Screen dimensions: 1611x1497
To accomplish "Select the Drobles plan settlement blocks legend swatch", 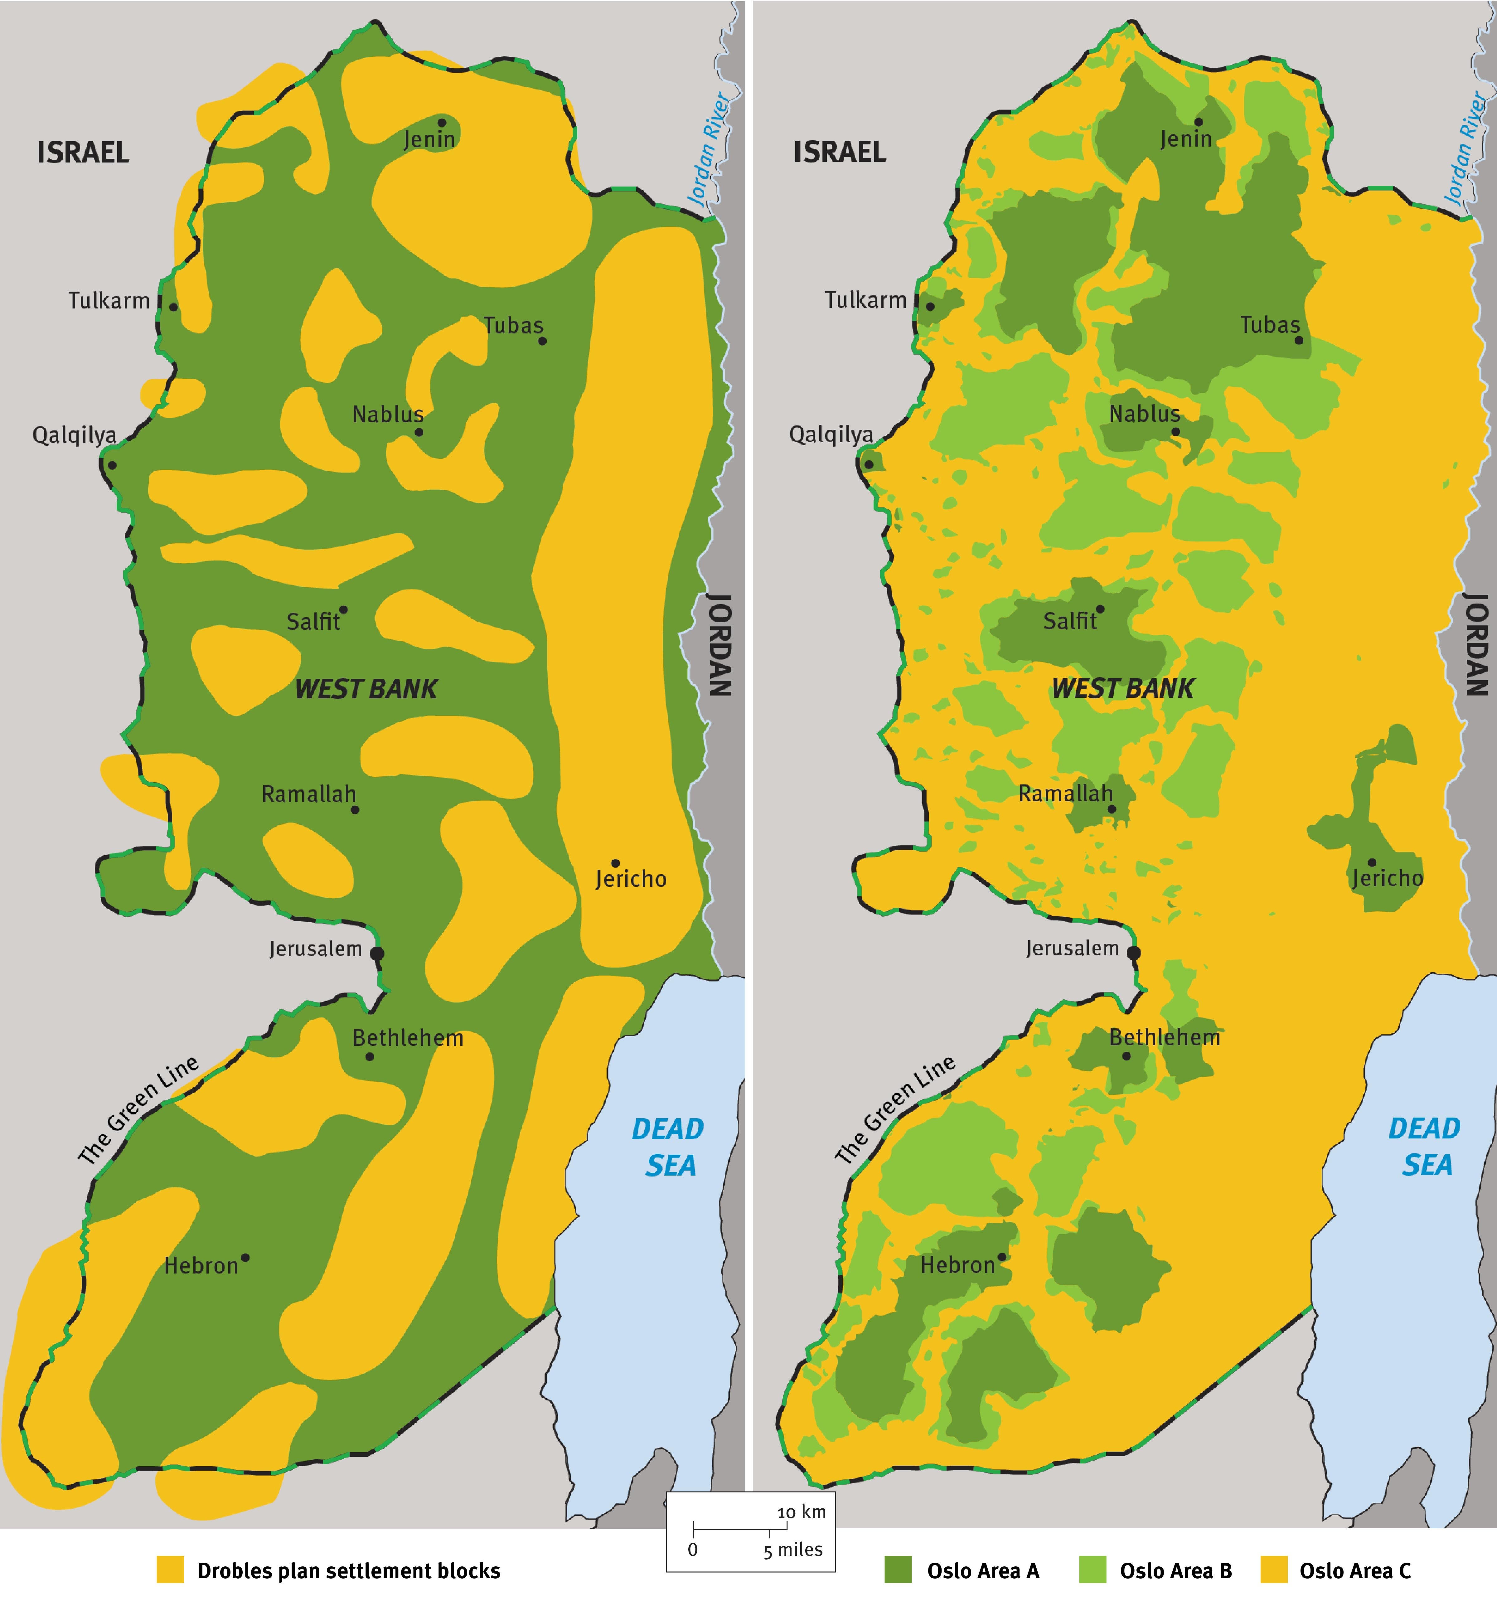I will click(x=170, y=1570).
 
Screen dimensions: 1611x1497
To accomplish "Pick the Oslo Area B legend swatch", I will click(x=1093, y=1570).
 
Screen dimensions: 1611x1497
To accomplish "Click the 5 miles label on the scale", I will click(x=792, y=1550).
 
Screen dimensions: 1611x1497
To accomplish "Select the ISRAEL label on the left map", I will click(x=83, y=152).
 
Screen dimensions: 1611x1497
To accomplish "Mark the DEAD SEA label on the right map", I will click(x=1425, y=1146).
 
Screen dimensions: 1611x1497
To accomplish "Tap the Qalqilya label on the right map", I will click(x=831, y=435).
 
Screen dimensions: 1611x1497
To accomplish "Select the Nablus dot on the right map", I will click(x=1175, y=432).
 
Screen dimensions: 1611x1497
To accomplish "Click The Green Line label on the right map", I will click(x=895, y=1110).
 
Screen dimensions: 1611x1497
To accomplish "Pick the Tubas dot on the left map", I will click(x=542, y=341).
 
